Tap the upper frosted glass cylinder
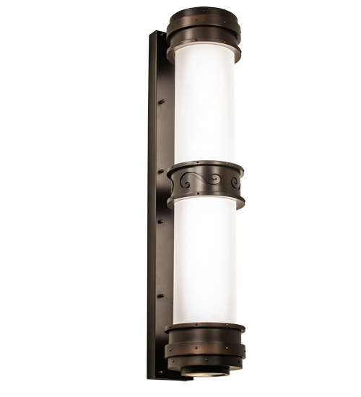204,108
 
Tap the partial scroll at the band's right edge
235,183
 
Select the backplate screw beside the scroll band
162,172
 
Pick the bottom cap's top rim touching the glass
204,328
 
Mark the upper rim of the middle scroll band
204,167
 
